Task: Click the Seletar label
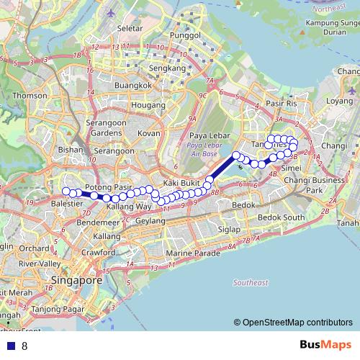click(x=129, y=27)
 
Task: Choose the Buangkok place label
click(x=133, y=85)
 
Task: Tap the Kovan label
click(x=148, y=133)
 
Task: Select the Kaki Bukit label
click(x=181, y=183)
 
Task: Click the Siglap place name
click(x=229, y=230)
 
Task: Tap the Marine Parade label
click(x=192, y=254)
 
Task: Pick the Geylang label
click(x=150, y=220)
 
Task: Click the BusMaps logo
click(x=323, y=345)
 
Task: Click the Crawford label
click(x=98, y=253)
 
